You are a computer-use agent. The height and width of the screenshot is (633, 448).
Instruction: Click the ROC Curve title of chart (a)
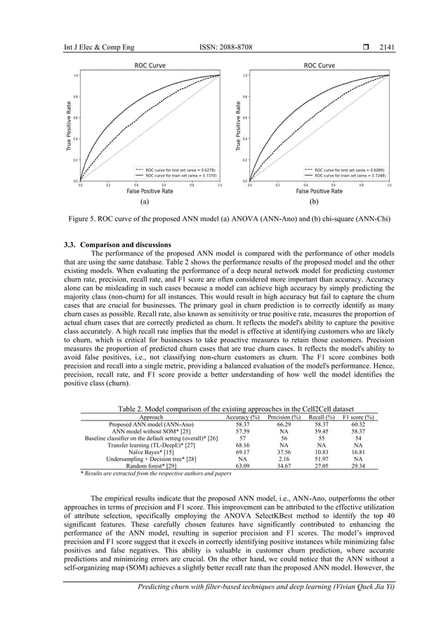tap(150, 66)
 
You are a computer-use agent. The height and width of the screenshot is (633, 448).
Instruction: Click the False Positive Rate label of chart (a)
tap(150, 191)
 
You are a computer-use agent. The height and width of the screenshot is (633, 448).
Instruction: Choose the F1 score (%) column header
tap(357, 417)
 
